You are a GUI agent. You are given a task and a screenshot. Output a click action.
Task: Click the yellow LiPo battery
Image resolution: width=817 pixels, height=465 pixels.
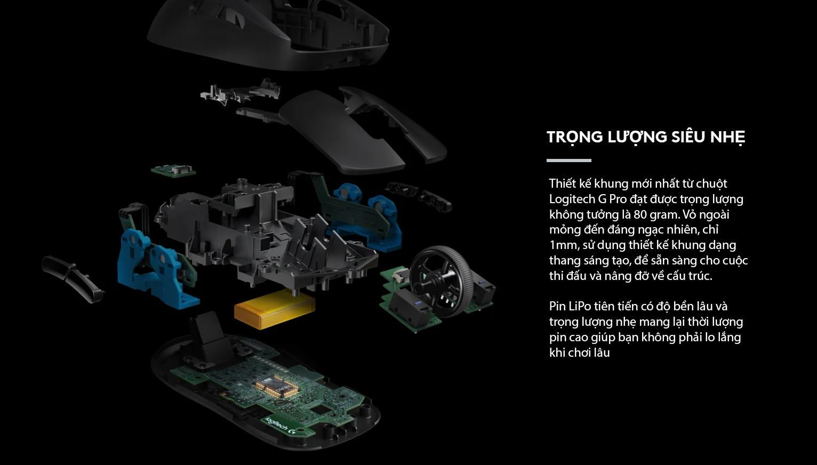pos(275,308)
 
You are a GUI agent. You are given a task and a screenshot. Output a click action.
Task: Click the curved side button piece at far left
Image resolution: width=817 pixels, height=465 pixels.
pos(72,278)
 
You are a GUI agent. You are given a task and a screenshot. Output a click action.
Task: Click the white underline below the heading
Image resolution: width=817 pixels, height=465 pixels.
pos(568,160)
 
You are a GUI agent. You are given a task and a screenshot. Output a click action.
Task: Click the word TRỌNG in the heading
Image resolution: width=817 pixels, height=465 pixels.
pos(574,137)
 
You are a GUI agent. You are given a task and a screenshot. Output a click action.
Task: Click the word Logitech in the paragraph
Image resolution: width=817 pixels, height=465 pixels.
pos(572,199)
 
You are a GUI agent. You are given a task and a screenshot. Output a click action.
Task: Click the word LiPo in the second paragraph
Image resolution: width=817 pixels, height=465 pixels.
pos(580,307)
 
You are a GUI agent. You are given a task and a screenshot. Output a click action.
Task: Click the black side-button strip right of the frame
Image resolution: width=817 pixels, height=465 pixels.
pos(419,195)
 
